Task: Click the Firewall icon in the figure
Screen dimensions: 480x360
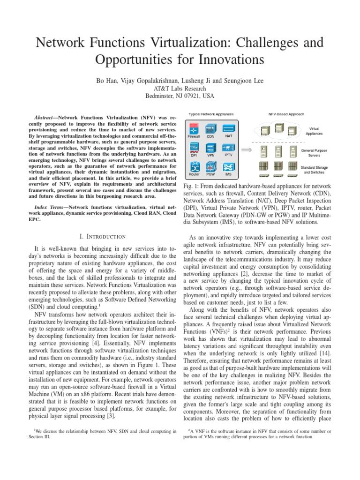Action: point(194,128)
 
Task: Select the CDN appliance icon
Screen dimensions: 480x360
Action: point(210,128)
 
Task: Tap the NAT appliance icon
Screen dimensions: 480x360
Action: point(228,128)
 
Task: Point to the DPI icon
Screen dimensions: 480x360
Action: point(194,147)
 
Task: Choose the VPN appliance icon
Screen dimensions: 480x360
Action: point(210,147)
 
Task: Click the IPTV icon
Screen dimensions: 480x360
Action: point(228,147)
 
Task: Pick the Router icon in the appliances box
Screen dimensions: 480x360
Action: point(194,166)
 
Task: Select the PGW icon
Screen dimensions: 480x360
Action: point(210,166)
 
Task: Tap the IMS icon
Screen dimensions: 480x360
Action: point(228,166)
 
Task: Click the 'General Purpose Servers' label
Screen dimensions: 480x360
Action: point(314,153)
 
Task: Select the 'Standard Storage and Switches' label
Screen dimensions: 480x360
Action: point(314,169)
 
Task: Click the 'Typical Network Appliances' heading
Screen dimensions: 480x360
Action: point(211,114)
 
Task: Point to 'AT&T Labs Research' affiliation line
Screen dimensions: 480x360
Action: point(180,88)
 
